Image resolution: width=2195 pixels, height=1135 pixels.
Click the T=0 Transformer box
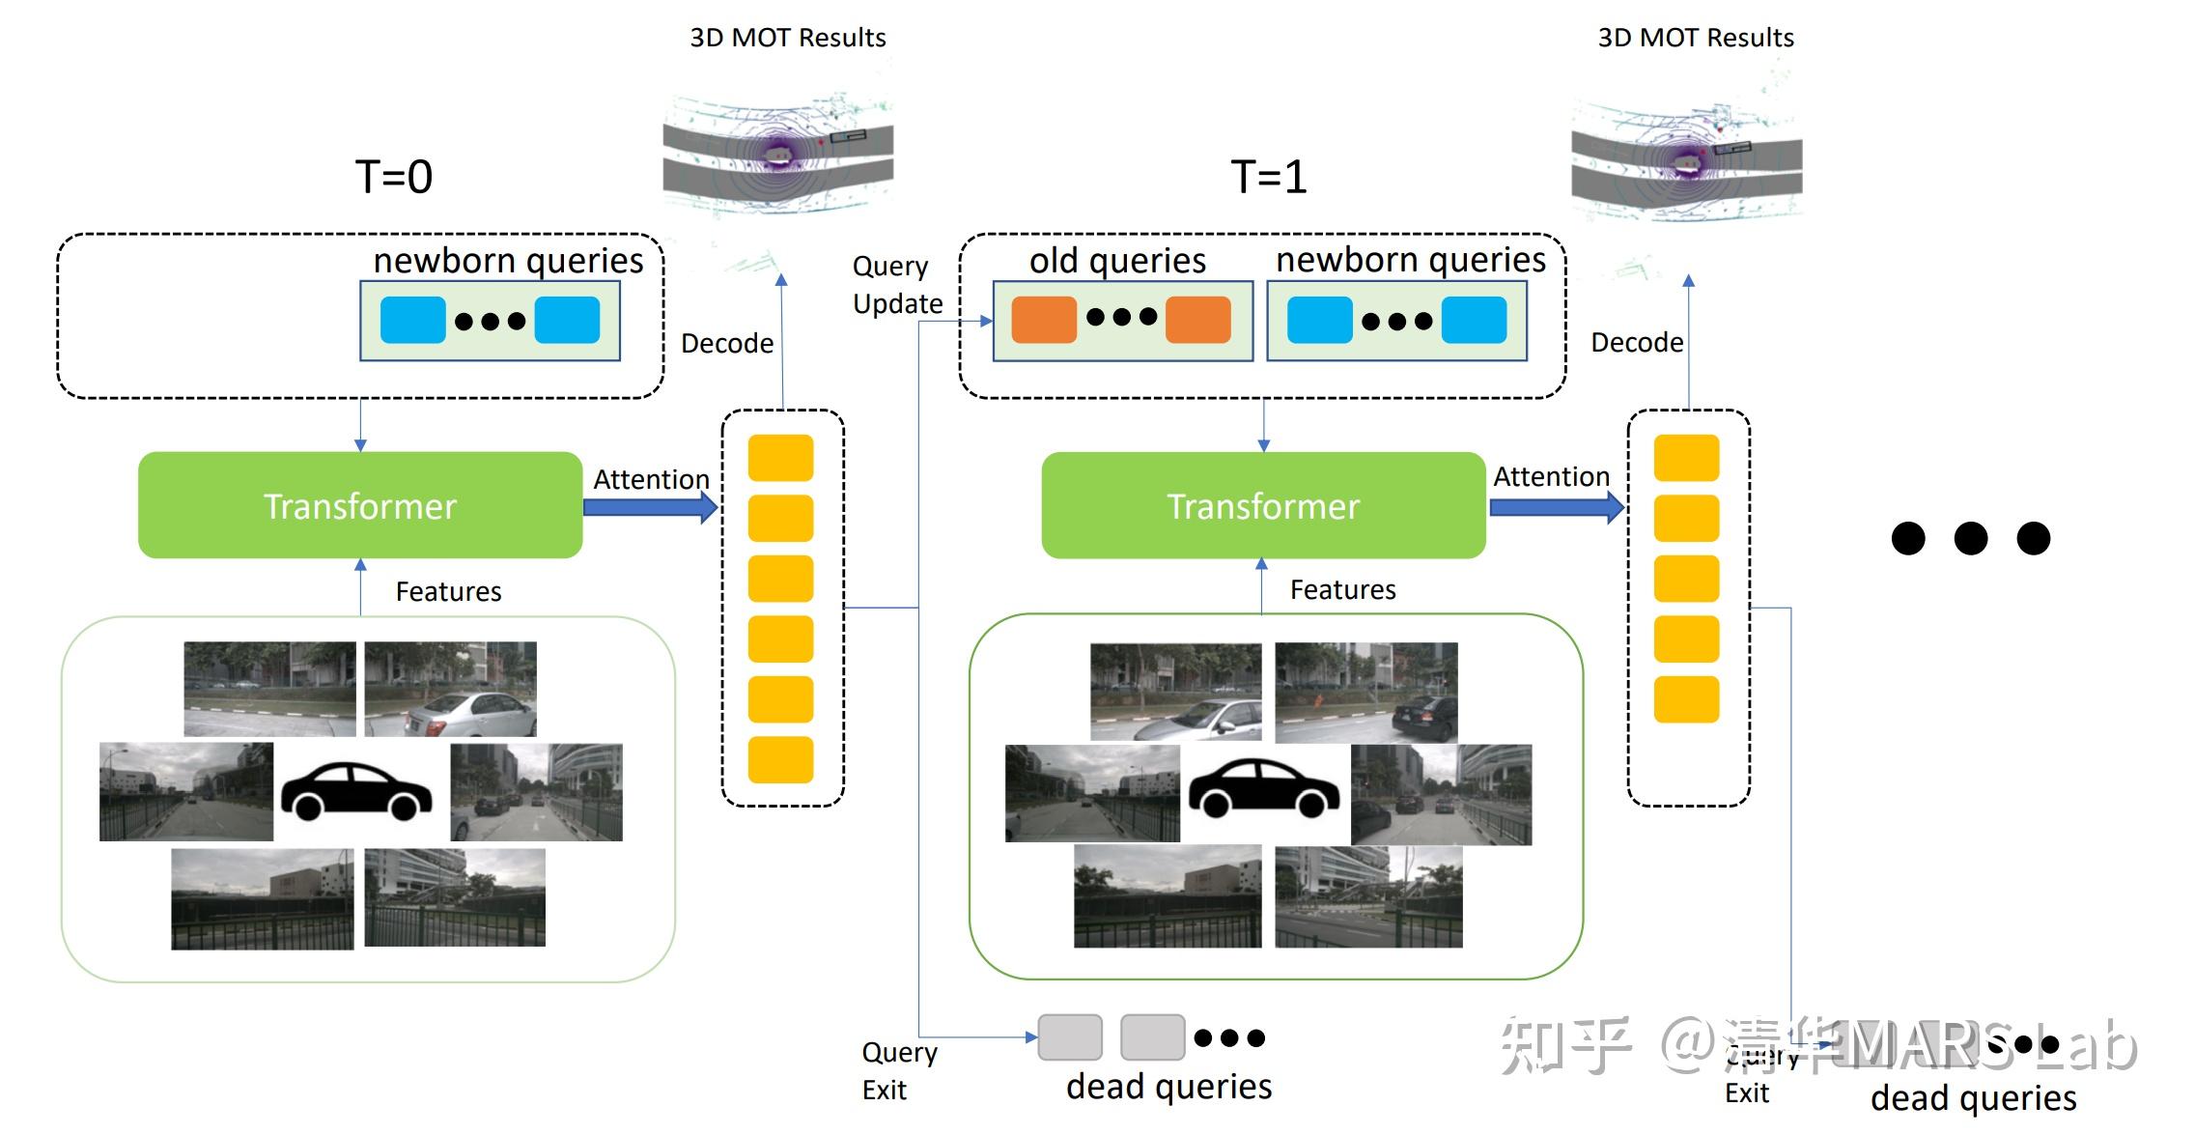[359, 505]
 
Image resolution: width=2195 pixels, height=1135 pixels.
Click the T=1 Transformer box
[1262, 505]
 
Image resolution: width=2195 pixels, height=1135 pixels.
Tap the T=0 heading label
[393, 177]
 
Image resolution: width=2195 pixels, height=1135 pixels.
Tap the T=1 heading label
[1268, 177]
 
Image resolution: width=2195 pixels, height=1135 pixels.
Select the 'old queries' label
[1117, 261]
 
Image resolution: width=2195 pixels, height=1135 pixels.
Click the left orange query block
[1043, 320]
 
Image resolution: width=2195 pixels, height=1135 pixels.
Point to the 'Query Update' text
[897, 285]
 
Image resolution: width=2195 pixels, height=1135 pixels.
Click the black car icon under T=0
[356, 791]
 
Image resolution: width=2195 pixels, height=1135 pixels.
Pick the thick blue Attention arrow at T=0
[650, 507]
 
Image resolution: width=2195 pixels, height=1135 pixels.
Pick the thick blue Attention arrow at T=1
[1556, 507]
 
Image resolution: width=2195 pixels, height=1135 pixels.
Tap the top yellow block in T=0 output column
[780, 458]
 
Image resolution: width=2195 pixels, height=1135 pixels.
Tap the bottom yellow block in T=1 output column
[1686, 699]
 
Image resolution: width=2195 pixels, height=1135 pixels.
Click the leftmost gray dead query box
[1069, 1037]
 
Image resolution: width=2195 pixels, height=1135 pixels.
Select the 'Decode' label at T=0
[726, 344]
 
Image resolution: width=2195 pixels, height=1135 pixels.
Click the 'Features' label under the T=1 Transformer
[1342, 590]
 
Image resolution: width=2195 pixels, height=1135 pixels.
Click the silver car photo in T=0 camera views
[450, 690]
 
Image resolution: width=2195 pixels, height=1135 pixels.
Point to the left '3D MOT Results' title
[787, 38]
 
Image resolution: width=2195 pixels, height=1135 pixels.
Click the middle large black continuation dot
[1970, 538]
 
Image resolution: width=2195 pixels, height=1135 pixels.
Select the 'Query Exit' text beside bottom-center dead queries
[898, 1070]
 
